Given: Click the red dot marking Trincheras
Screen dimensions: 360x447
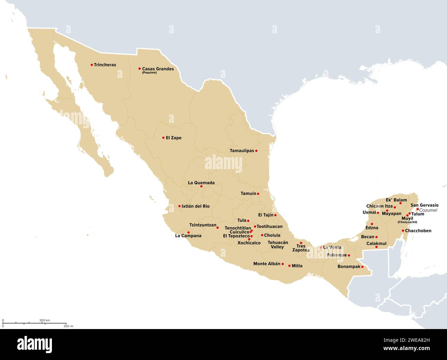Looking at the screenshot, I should pyautogui.click(x=92, y=65).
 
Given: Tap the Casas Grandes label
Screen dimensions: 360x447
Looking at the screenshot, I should pyautogui.click(x=158, y=69).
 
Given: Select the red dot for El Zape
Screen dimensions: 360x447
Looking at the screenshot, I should pyautogui.click(x=163, y=138).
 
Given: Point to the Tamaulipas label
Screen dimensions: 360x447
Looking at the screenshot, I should pyautogui.click(x=242, y=151).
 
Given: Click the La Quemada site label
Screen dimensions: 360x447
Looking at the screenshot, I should pyautogui.click(x=201, y=183).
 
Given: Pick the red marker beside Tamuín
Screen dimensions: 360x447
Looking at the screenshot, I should pyautogui.click(x=258, y=194).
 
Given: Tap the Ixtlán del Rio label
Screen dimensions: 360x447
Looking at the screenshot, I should pyautogui.click(x=195, y=206).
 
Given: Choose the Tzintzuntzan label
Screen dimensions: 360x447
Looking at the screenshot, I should pyautogui.click(x=203, y=225).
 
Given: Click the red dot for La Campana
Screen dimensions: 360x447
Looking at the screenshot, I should pyautogui.click(x=188, y=232).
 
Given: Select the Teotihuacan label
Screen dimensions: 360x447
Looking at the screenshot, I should pyautogui.click(x=270, y=227).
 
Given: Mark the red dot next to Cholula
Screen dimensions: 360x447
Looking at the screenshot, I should pyautogui.click(x=262, y=235).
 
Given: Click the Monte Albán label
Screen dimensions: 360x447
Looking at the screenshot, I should pyautogui.click(x=267, y=264).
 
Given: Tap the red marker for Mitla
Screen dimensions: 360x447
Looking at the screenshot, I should pyautogui.click(x=290, y=266).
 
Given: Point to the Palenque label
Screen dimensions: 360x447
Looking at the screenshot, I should pyautogui.click(x=337, y=255).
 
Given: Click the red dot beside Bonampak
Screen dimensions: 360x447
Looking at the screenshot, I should pyautogui.click(x=362, y=266).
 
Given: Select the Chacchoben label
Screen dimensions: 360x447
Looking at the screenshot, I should pyautogui.click(x=418, y=231).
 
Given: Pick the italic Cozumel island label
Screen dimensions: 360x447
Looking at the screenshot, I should pyautogui.click(x=428, y=210).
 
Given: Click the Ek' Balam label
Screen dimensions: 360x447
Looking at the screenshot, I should pyautogui.click(x=396, y=200).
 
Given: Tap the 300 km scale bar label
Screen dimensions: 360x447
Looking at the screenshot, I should pyautogui.click(x=44, y=320).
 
